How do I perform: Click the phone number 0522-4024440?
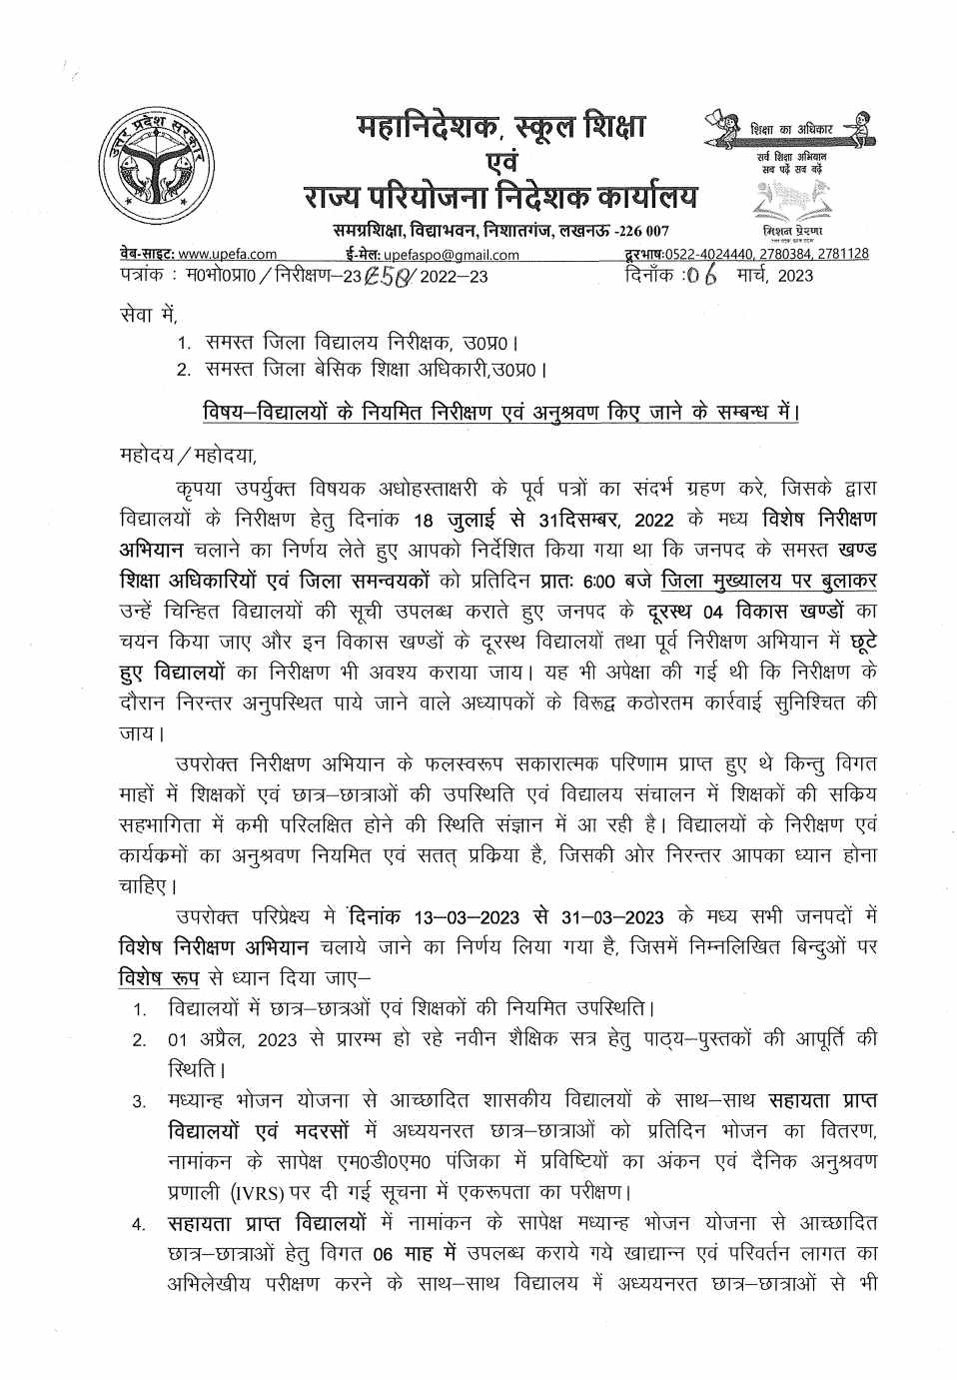click(x=694, y=254)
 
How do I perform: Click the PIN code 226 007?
click(x=642, y=231)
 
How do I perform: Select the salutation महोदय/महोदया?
click(x=187, y=457)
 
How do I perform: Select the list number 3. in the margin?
click(x=140, y=1102)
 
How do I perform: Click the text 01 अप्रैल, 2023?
click(x=232, y=1039)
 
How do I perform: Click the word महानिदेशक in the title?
click(x=430, y=128)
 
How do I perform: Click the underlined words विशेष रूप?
click(x=158, y=976)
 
